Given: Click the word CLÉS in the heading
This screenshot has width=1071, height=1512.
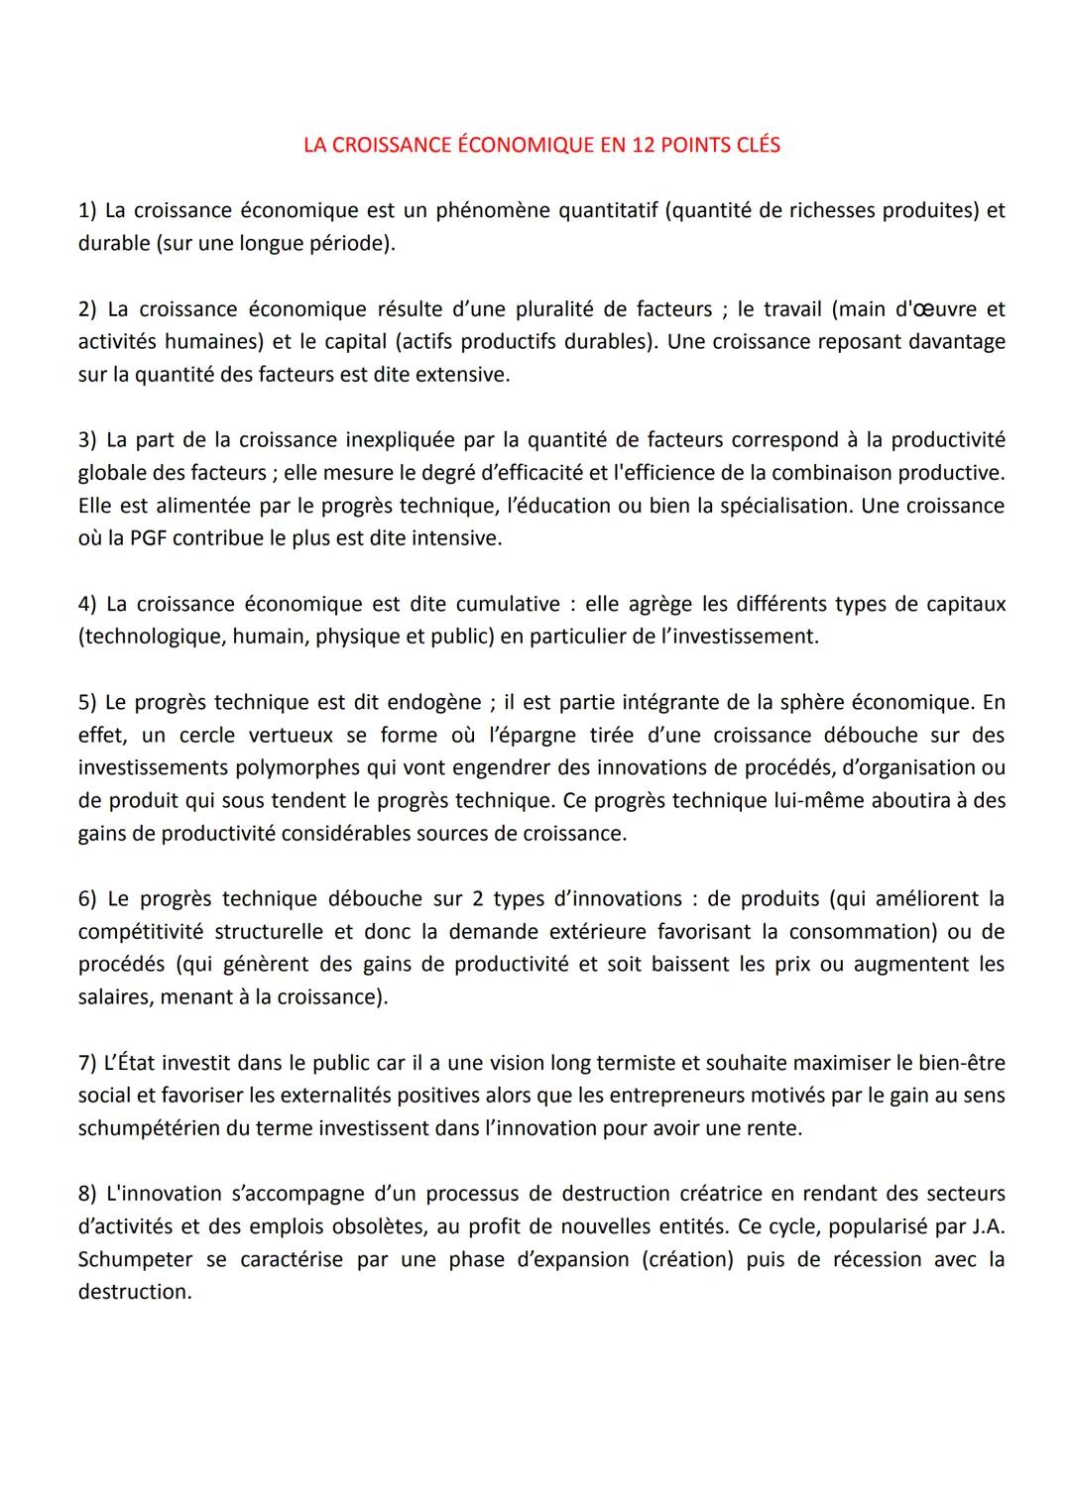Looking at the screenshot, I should pyautogui.click(x=758, y=145).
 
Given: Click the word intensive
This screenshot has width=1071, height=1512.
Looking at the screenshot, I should pyautogui.click(x=457, y=538).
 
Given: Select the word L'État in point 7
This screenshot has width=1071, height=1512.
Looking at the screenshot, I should pyautogui.click(x=130, y=1062).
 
